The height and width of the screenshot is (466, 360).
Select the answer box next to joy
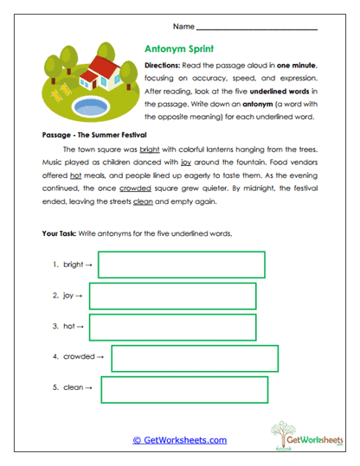(172, 296)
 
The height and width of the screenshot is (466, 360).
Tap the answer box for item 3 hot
(172, 327)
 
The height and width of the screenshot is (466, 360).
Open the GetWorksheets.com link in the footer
(179, 440)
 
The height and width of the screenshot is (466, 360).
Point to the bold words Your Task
(61, 234)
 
